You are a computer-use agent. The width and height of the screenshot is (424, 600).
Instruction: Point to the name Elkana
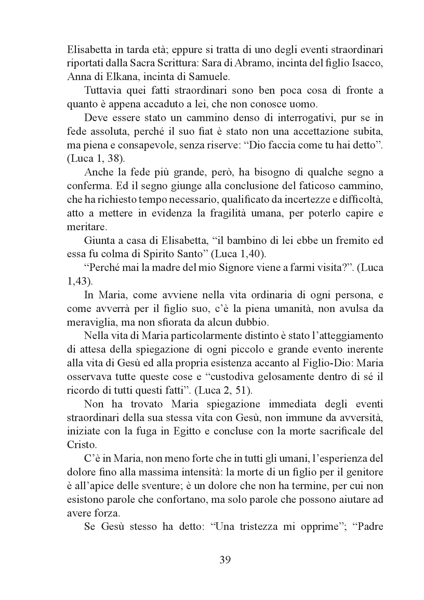pyautogui.click(x=116, y=77)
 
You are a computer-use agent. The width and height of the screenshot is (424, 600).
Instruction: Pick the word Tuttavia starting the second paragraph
pyautogui.click(x=104, y=91)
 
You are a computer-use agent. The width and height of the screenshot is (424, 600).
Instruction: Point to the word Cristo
pyautogui.click(x=81, y=445)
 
